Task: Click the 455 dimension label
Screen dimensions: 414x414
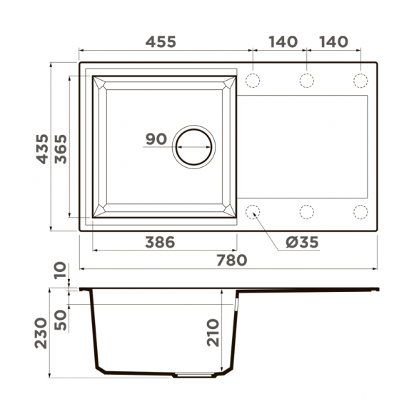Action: [161, 41]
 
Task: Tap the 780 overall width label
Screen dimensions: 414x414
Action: [232, 260]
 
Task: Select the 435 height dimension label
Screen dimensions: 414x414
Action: [42, 149]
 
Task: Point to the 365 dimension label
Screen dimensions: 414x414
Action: [61, 149]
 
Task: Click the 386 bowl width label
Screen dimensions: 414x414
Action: [160, 242]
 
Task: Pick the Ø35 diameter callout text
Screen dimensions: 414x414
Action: [303, 242]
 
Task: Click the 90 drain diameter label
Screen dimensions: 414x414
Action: [156, 139]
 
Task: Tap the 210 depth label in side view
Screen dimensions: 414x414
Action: [213, 333]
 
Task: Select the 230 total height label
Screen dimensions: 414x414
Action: [41, 333]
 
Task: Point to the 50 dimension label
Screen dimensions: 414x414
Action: [61, 320]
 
